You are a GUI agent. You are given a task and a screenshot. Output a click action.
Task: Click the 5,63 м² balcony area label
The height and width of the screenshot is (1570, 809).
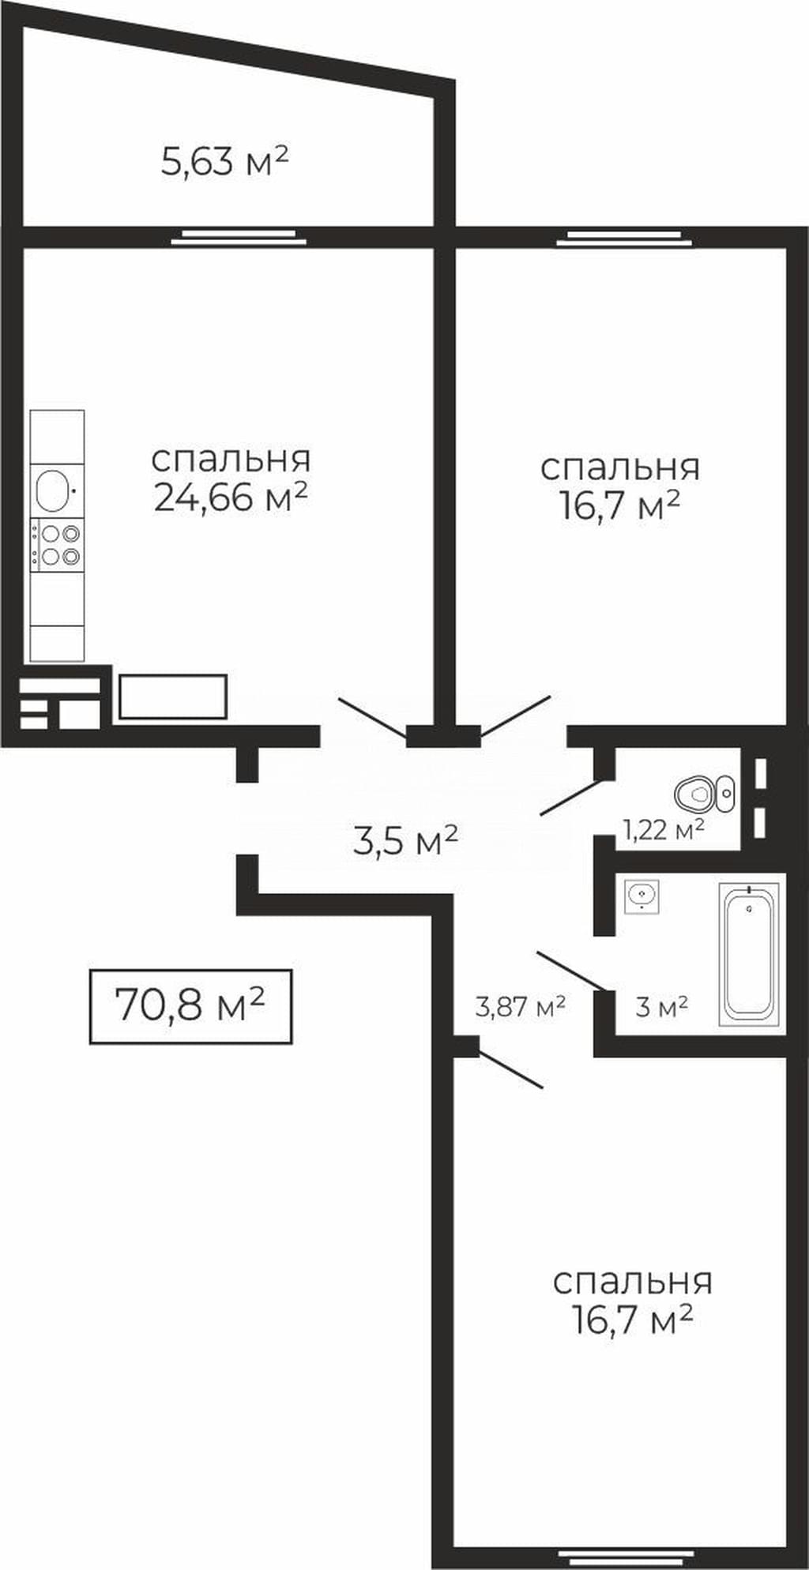pyautogui.click(x=224, y=161)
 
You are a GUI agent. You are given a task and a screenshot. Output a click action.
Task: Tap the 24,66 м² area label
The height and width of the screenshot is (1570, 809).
pyautogui.click(x=230, y=497)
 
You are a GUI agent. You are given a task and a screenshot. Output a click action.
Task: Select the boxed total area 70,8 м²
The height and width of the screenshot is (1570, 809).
pyautogui.click(x=190, y=1006)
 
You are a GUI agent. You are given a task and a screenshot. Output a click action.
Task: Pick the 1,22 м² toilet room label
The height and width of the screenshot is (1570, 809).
pyautogui.click(x=664, y=829)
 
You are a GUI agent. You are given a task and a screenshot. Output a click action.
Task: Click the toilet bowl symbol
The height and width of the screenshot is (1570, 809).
pyautogui.click(x=705, y=793)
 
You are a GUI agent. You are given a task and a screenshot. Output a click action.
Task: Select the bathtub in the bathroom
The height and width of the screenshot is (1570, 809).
pyautogui.click(x=749, y=953)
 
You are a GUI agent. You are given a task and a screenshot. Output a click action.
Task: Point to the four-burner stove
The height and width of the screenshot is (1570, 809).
pyautogui.click(x=57, y=545)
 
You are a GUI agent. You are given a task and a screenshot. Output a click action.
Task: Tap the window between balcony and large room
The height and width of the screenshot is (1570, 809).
pyautogui.click(x=238, y=235)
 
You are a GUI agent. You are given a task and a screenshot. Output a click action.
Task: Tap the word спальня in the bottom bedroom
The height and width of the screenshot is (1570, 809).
pyautogui.click(x=632, y=1281)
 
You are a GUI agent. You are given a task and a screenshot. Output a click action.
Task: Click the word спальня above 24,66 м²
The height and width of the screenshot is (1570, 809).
pyautogui.click(x=231, y=459)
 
